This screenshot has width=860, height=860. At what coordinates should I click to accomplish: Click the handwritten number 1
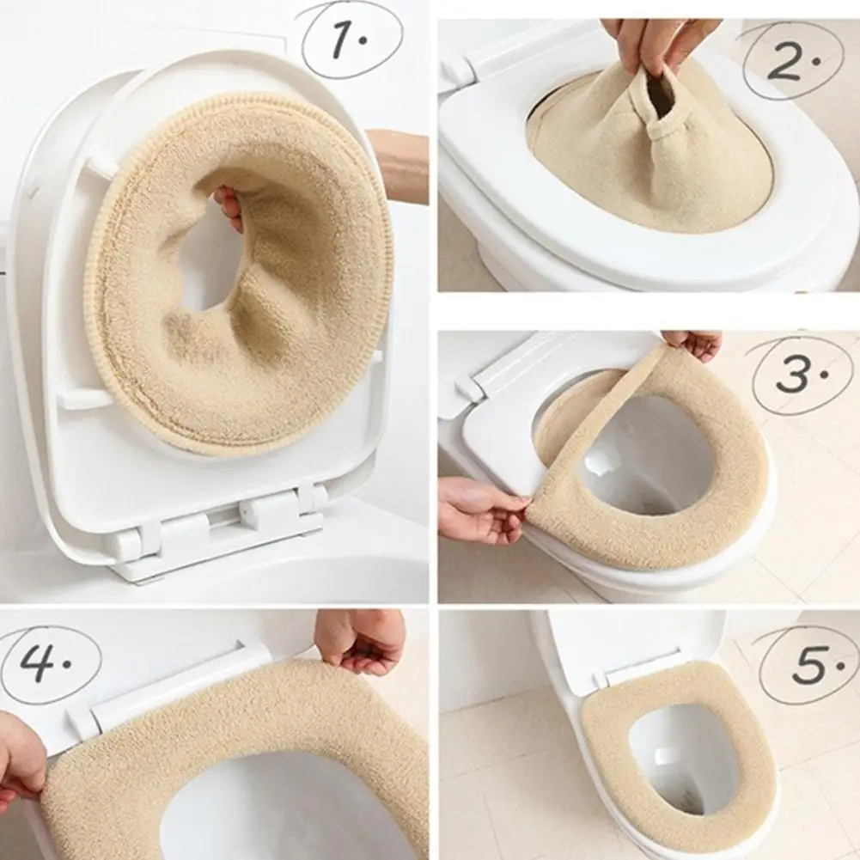coord(348,39)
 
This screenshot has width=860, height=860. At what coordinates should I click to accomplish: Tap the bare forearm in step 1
coord(400,159)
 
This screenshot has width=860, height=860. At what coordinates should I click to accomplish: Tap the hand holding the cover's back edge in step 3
coord(694,344)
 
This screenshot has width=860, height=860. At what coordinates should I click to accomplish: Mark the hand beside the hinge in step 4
coord(361,640)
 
